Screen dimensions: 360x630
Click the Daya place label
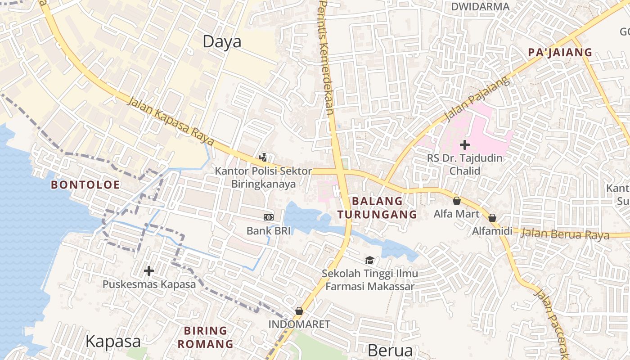(222, 42)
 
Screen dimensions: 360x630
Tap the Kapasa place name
(113, 342)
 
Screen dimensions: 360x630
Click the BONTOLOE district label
(85, 185)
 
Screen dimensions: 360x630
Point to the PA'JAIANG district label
(560, 53)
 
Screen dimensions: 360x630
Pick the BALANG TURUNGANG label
(378, 207)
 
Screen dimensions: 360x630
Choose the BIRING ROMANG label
(205, 337)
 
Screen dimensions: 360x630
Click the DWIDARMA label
(480, 7)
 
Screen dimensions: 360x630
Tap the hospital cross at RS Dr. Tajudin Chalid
(465, 145)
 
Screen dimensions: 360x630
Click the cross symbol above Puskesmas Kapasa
(148, 271)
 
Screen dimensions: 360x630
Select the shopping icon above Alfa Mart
(457, 201)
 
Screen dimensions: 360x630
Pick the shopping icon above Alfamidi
(492, 218)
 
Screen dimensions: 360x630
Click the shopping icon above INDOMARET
(299, 311)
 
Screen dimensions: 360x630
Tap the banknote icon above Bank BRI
(268, 217)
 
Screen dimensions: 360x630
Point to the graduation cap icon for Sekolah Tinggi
(369, 260)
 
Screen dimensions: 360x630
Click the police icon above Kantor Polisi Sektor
(263, 157)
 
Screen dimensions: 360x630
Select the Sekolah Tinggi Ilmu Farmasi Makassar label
(369, 280)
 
